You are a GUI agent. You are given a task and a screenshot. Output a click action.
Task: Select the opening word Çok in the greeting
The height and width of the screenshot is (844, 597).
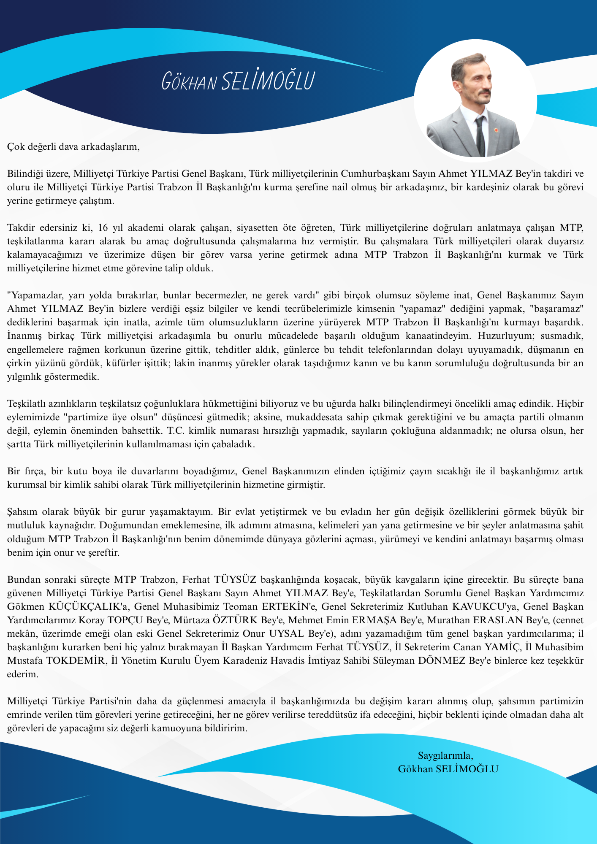click(16, 147)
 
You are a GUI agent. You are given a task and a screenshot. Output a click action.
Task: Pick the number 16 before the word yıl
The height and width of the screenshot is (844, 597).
click(103, 228)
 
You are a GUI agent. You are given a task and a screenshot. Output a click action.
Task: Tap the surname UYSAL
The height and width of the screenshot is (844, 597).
click(286, 634)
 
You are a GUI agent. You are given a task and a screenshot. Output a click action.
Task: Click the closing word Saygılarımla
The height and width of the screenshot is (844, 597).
click(445, 755)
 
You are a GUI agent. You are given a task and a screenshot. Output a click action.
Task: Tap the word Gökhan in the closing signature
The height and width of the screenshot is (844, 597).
click(415, 769)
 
